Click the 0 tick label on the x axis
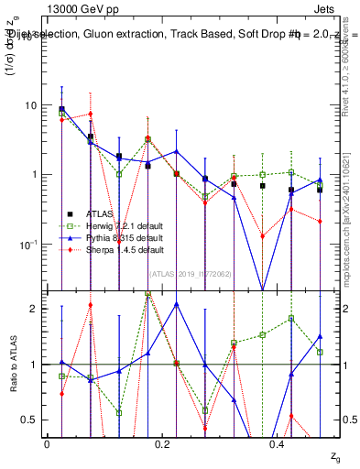[x=47, y=443]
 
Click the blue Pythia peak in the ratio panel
[x=176, y=304]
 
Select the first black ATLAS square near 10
[x=61, y=109]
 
